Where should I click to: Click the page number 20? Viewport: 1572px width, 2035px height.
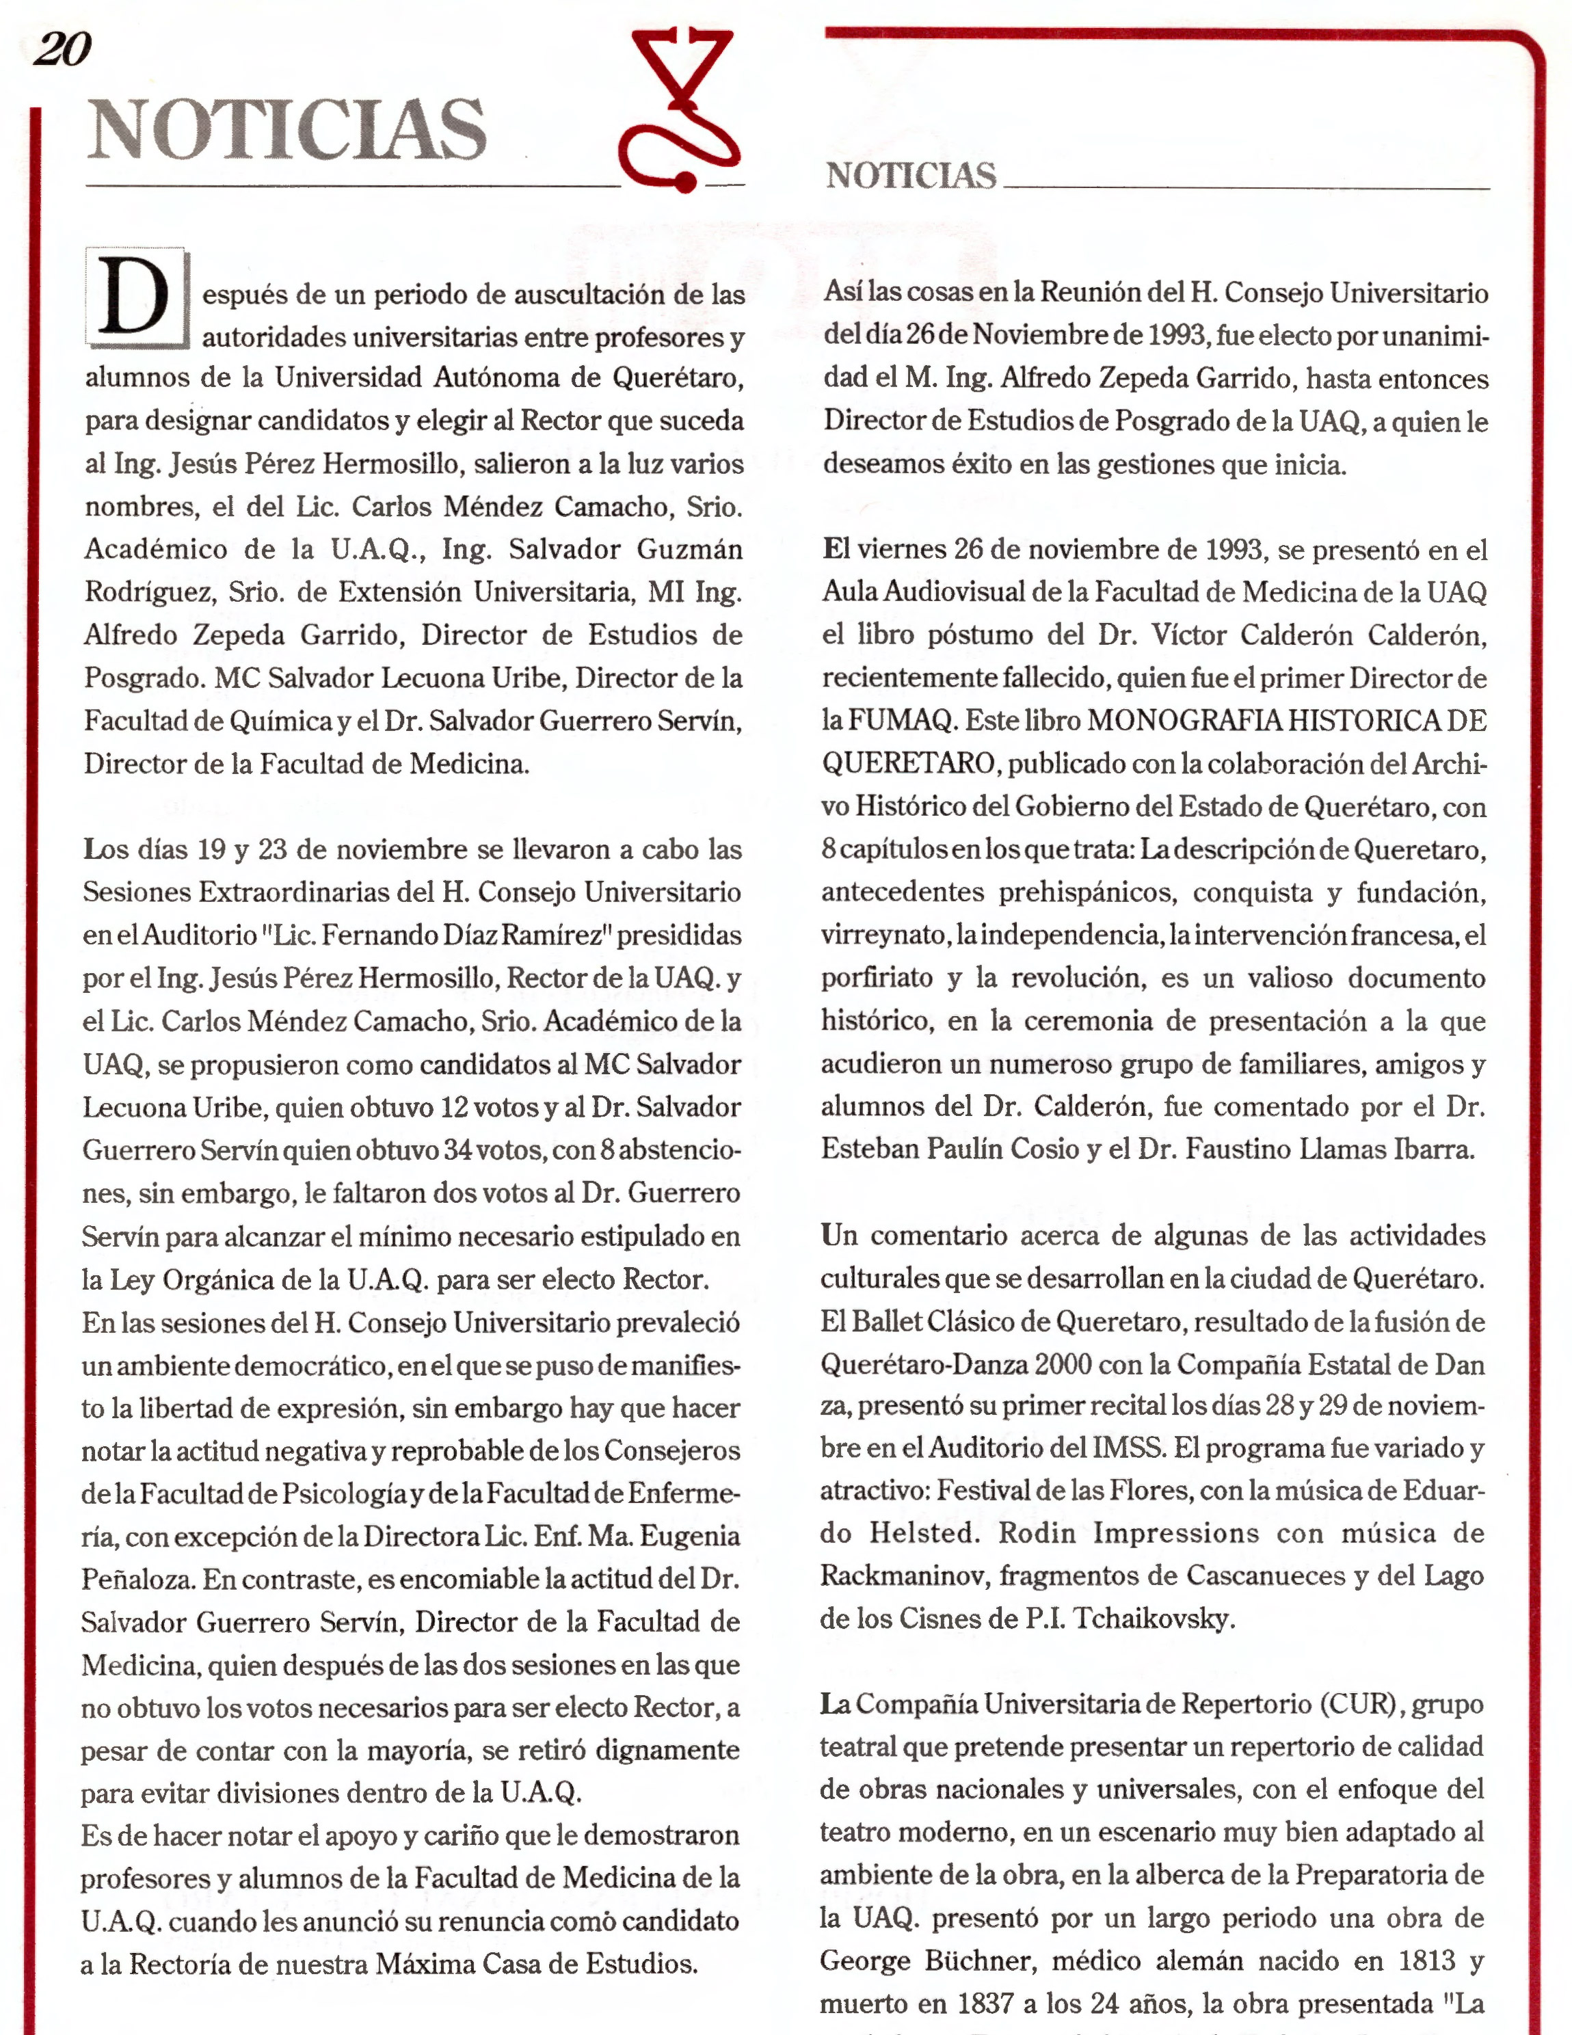[x=62, y=49]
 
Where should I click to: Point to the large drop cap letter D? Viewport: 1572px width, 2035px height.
[x=137, y=298]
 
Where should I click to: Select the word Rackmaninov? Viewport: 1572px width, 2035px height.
[x=902, y=1575]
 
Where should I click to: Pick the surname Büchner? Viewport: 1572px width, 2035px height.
[x=981, y=1961]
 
